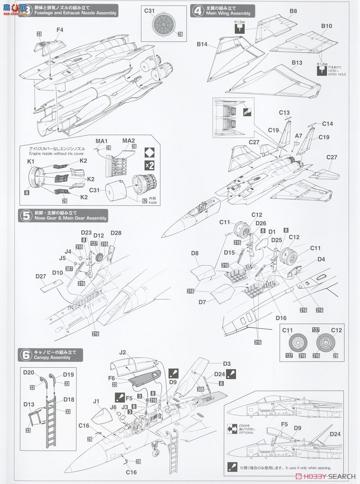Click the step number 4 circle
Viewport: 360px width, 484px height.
tap(198, 10)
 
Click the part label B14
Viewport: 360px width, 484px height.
tap(202, 44)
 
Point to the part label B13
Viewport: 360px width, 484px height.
tap(297, 63)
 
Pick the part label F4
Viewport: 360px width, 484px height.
tap(60, 29)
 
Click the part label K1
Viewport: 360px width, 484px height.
tap(31, 161)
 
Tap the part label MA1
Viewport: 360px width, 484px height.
tap(102, 141)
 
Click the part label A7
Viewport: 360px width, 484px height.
tap(298, 137)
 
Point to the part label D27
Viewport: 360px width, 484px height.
tap(41, 277)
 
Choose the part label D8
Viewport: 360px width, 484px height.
tap(195, 253)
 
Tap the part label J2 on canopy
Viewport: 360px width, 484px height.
tap(123, 353)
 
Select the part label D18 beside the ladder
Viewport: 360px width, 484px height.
tap(69, 400)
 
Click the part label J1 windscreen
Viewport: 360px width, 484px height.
tap(96, 401)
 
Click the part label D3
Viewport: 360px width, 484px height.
tap(227, 364)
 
